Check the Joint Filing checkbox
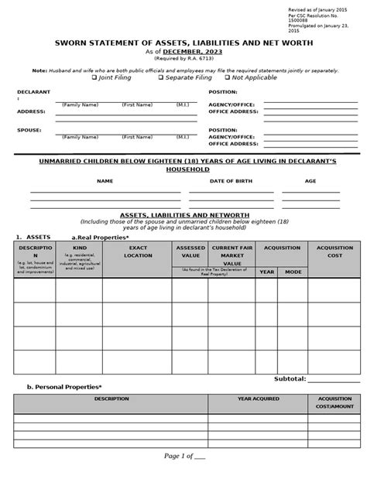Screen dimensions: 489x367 tap(95, 78)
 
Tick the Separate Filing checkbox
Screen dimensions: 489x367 tap(161, 78)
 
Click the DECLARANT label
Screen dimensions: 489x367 tap(33, 91)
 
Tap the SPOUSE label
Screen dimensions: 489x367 tap(29, 130)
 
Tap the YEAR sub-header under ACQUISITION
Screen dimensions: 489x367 tap(266, 272)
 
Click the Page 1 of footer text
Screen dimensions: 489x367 tap(183, 477)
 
